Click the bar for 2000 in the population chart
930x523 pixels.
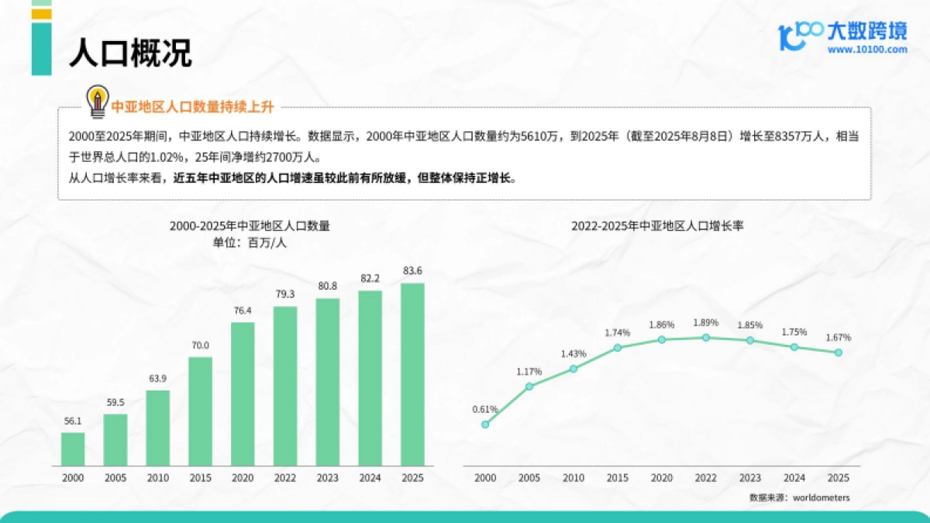[73, 449]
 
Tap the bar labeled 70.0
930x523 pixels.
[200, 411]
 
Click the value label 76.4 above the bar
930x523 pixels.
[243, 311]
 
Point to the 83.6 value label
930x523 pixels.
[412, 270]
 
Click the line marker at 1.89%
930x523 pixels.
[705, 338]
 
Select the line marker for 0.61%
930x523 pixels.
[485, 425]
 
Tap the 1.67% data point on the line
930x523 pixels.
[838, 353]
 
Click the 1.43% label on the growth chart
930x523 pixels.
[573, 353]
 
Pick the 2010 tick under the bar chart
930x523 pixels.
[158, 478]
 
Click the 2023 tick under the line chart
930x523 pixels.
[749, 478]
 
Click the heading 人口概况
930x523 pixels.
[129, 53]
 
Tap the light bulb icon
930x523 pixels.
[97, 102]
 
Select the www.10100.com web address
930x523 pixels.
[866, 50]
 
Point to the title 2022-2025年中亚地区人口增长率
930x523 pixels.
[657, 226]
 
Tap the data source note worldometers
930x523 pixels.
[799, 497]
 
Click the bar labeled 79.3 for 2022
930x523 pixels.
[285, 386]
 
